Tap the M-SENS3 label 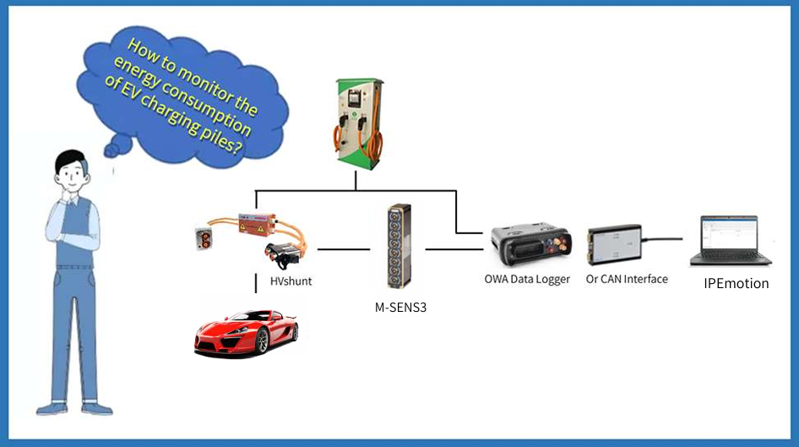pyautogui.click(x=400, y=308)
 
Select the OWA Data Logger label pyautogui.click(x=527, y=280)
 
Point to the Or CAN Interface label pyautogui.click(x=627, y=279)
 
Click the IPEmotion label pyautogui.click(x=736, y=284)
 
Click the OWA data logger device pyautogui.click(x=530, y=245)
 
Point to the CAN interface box pyautogui.click(x=617, y=245)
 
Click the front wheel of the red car pyautogui.click(x=262, y=341)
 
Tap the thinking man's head pyautogui.click(x=71, y=174)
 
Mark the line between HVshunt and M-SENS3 pyautogui.click(x=345, y=249)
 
